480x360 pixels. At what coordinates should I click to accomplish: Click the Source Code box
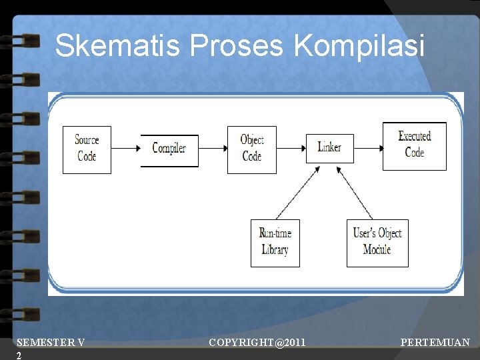click(x=87, y=149)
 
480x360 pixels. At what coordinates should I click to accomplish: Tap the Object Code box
click(x=251, y=149)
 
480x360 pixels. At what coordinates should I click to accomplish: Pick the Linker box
click(x=329, y=147)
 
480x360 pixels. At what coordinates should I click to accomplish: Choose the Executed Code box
click(x=414, y=145)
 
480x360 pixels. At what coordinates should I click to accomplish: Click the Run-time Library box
click(x=275, y=243)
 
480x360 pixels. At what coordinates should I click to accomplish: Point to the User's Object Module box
click(x=377, y=243)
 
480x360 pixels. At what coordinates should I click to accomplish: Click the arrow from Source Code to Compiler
click(x=125, y=147)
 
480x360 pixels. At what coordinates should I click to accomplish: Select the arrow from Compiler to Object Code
click(x=213, y=147)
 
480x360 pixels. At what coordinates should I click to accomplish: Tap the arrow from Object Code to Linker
click(x=291, y=147)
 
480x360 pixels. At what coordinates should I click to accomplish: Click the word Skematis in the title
click(x=118, y=46)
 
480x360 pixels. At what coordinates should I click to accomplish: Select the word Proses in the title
click(x=237, y=46)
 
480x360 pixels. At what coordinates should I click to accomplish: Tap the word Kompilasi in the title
click(x=359, y=46)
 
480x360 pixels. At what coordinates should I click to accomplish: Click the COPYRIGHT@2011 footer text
click(x=257, y=343)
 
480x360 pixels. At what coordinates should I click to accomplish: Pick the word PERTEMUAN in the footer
click(x=435, y=343)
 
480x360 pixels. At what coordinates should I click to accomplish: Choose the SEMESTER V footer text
click(x=51, y=343)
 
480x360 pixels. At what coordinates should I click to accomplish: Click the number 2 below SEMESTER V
click(x=19, y=355)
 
